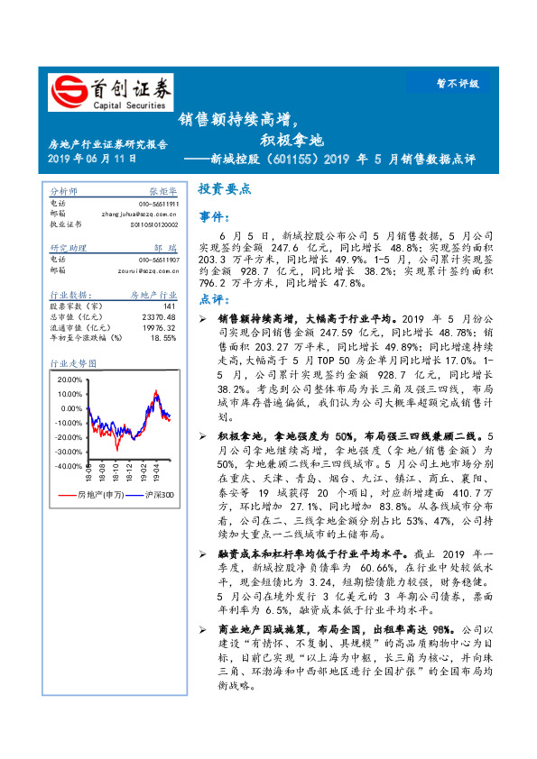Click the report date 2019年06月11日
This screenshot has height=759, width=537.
91,159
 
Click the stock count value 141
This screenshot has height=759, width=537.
169,306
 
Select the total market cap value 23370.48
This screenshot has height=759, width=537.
160,316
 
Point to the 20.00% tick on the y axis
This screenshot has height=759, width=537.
68,379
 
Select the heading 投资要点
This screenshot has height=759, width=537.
224,190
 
